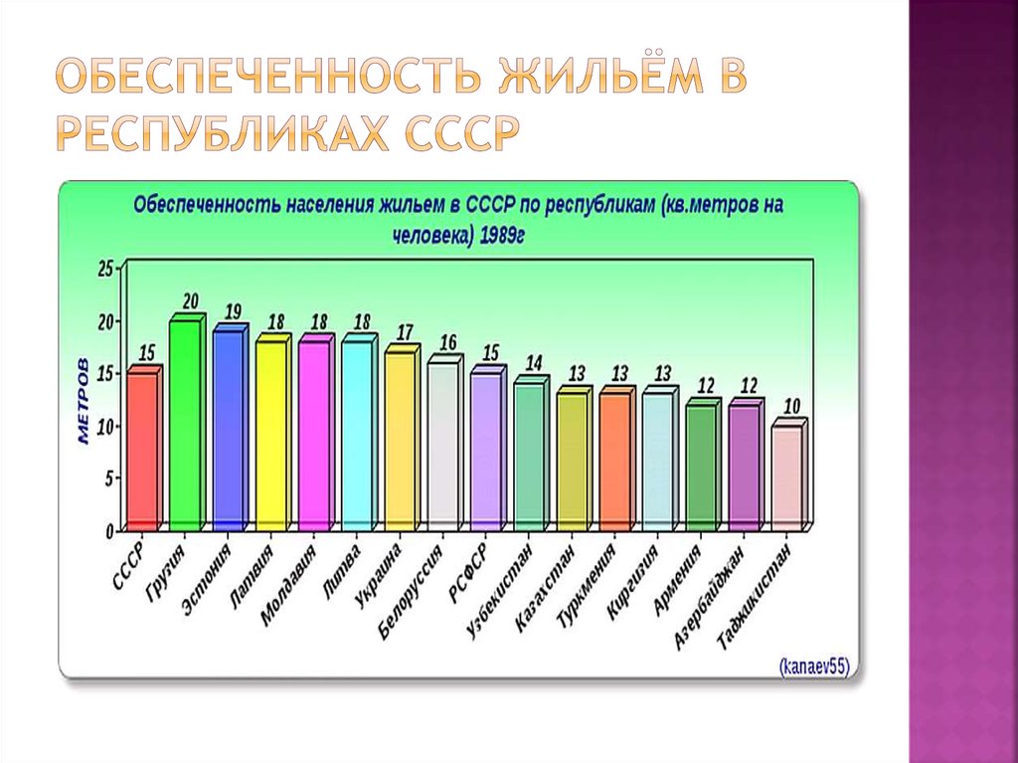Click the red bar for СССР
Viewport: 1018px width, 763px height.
pyautogui.click(x=142, y=450)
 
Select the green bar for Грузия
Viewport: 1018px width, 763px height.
pyautogui.click(x=185, y=425)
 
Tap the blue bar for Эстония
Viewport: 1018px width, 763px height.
pyautogui.click(x=228, y=430)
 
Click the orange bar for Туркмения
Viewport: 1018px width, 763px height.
pyautogui.click(x=615, y=461)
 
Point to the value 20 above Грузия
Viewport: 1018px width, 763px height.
pyautogui.click(x=190, y=301)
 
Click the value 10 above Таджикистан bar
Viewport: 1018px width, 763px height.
pyautogui.click(x=791, y=406)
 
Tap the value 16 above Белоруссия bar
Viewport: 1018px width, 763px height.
pyautogui.click(x=447, y=342)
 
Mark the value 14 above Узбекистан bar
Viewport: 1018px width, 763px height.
pyautogui.click(x=534, y=363)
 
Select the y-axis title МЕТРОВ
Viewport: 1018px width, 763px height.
pyautogui.click(x=84, y=400)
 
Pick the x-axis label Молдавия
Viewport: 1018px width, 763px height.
pyautogui.click(x=288, y=585)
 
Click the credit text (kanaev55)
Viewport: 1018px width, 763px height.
pyautogui.click(x=813, y=666)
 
